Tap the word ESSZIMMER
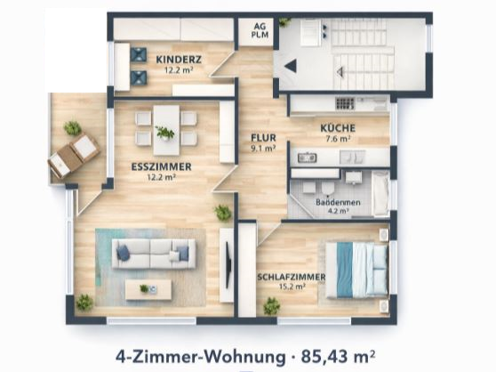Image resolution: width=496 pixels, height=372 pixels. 164,166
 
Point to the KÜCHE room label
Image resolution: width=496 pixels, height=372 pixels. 338,128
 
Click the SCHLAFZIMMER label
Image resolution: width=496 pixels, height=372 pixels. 291,277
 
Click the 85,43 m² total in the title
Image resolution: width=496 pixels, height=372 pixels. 339,356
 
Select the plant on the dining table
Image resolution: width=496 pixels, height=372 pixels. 165,132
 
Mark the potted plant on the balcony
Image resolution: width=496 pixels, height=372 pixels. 72,128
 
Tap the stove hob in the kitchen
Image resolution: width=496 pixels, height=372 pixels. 344,103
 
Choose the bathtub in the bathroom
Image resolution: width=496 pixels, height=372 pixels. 380,193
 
